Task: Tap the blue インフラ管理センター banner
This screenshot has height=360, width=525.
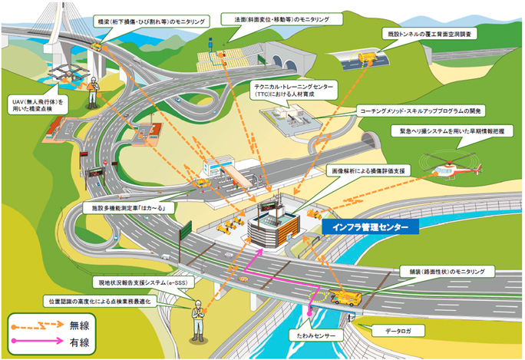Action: coord(370,227)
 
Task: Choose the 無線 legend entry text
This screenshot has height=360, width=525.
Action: coord(81,324)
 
